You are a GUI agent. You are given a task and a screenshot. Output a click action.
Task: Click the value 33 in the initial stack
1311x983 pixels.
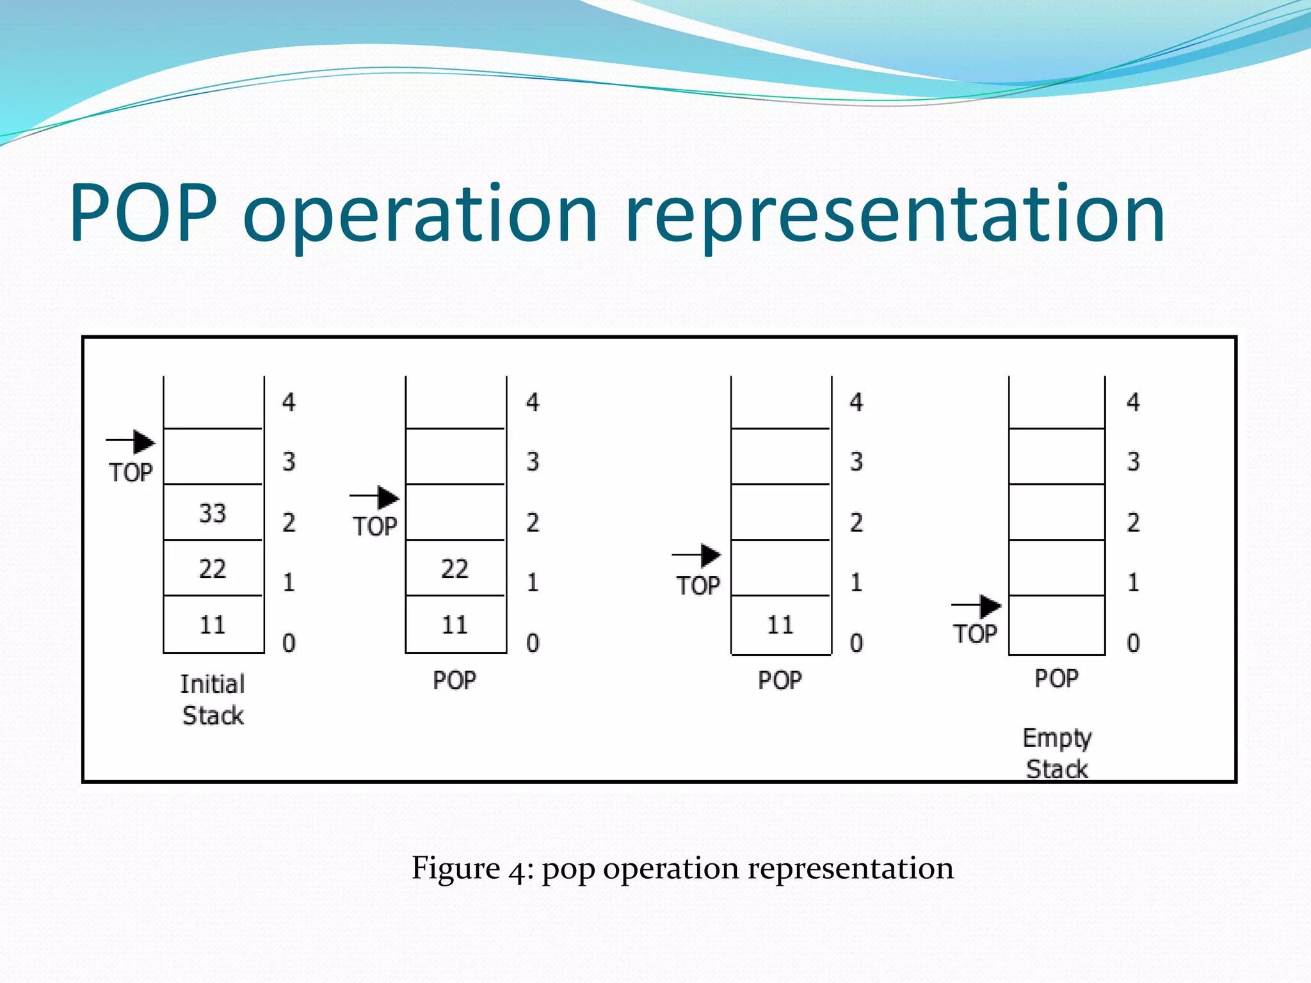[x=213, y=513]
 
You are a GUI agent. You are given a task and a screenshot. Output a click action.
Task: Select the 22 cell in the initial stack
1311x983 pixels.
[x=213, y=569]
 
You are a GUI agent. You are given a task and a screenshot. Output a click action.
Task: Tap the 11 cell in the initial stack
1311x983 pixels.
[x=213, y=625]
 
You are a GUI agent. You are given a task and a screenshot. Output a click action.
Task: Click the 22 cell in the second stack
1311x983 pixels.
[x=454, y=569]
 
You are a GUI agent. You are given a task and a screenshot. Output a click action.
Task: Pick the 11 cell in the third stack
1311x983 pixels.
[x=780, y=625]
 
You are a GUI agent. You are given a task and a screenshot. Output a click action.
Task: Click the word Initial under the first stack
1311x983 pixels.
[x=213, y=684]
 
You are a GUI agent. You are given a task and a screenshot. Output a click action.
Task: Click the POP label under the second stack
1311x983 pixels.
[x=454, y=680]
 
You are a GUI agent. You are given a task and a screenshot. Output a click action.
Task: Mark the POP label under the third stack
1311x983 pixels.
[x=780, y=680]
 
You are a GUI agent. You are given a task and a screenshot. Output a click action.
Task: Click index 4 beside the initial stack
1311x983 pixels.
[x=289, y=403]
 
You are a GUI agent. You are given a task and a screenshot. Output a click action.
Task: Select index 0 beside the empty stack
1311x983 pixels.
[x=1133, y=643]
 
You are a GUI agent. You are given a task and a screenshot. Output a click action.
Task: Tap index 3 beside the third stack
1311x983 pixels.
[x=857, y=461]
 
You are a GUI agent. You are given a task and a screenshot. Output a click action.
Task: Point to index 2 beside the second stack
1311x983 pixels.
[x=533, y=523]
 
